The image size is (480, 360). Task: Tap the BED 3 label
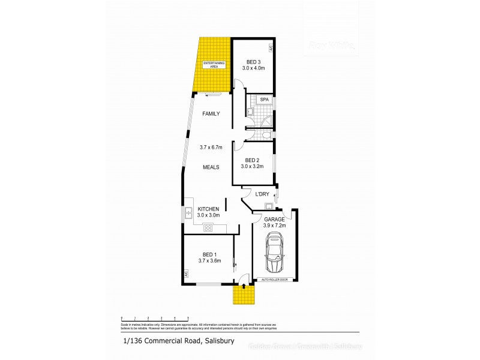[x=254, y=62]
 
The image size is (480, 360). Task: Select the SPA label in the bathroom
[x=263, y=99]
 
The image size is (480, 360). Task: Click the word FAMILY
[x=211, y=113]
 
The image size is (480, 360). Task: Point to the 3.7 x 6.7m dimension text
[x=211, y=147]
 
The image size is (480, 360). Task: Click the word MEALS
[x=211, y=167]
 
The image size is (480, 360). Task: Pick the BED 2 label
[x=253, y=160]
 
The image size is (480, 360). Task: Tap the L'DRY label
[x=262, y=194]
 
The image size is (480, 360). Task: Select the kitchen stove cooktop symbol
[x=209, y=227]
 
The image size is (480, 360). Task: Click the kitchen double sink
[x=188, y=212]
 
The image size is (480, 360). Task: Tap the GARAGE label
[x=274, y=220]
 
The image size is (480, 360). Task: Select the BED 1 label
[x=209, y=254]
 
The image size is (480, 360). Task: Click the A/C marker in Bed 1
[x=187, y=274]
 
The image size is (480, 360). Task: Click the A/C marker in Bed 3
[x=271, y=47]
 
